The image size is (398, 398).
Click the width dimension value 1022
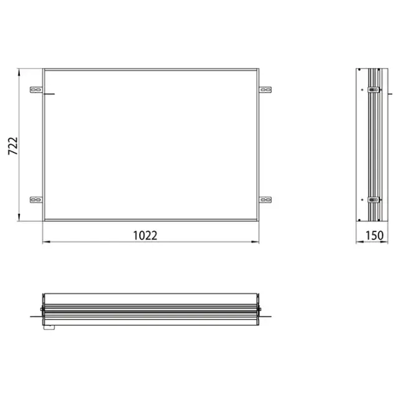(145, 235)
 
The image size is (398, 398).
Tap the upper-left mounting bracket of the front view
(36, 90)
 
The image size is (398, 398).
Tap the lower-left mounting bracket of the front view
(36, 200)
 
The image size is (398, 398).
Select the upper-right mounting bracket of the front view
(266, 90)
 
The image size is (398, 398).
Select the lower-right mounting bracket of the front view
(266, 200)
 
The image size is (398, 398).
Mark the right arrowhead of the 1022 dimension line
(257, 242)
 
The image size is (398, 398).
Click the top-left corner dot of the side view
(360, 70)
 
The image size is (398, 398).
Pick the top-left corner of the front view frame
(42, 69)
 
